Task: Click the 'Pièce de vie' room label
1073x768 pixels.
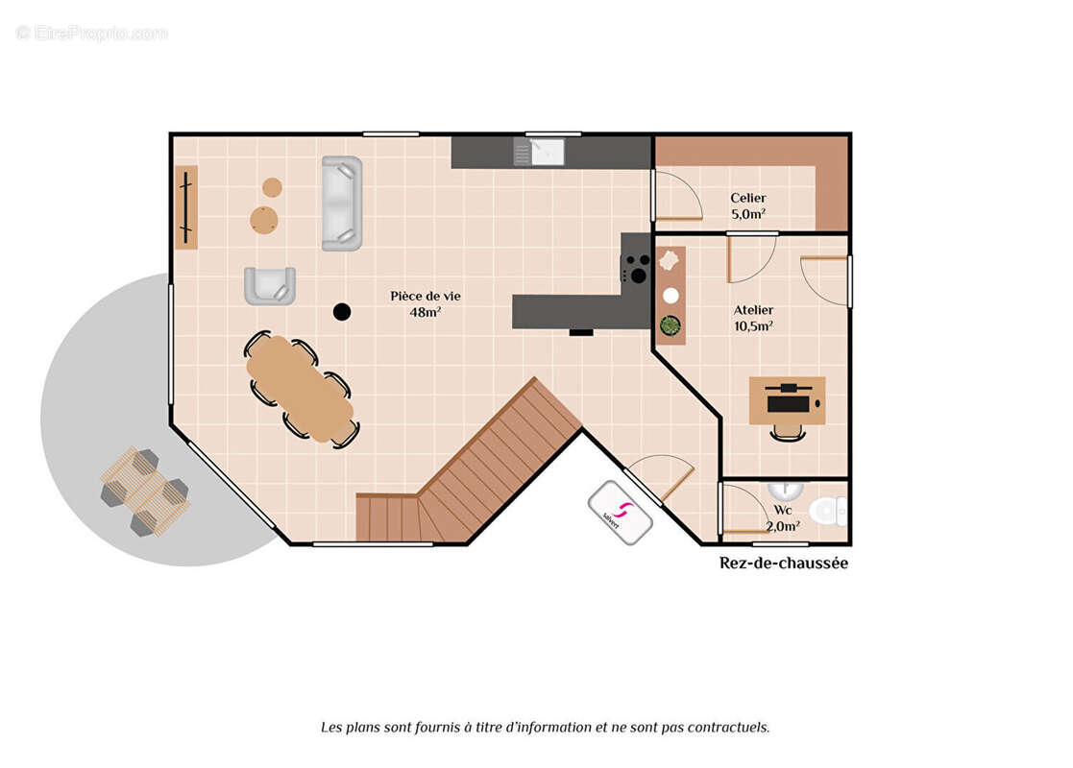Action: (425, 296)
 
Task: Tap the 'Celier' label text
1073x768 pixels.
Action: (748, 198)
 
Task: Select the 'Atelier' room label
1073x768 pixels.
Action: (753, 310)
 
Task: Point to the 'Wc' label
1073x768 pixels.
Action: (783, 510)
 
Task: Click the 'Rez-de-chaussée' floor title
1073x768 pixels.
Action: (784, 563)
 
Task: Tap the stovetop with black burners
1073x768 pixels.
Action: (636, 268)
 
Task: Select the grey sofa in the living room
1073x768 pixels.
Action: (342, 204)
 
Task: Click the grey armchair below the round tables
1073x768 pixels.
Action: (270, 286)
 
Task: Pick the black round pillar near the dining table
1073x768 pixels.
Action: (342, 312)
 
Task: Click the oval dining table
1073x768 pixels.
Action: (301, 389)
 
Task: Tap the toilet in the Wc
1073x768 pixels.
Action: (827, 511)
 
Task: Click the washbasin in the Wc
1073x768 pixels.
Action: (785, 490)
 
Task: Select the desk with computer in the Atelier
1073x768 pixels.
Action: (787, 400)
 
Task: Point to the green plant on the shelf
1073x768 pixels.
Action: (670, 325)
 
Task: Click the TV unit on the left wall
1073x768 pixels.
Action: (186, 206)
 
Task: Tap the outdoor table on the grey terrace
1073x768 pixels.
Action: (145, 491)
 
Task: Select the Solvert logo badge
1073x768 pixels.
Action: (620, 513)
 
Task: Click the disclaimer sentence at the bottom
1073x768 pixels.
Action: (546, 728)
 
